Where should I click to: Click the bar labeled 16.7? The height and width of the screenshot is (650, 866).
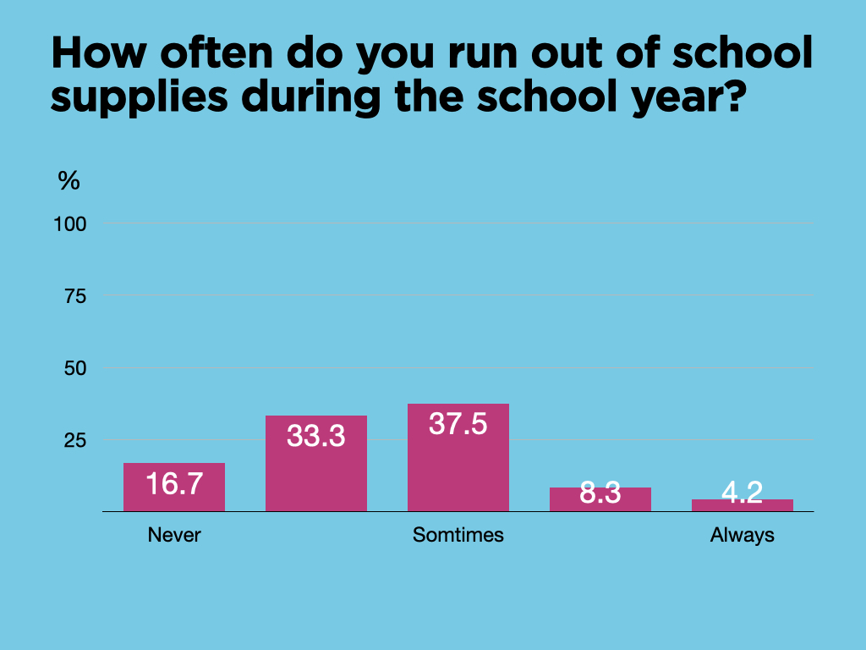[x=173, y=487]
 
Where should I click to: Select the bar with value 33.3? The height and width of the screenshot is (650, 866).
[x=315, y=464]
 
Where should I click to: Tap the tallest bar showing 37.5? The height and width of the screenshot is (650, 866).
[x=458, y=458]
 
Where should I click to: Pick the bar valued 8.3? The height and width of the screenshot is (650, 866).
[x=600, y=499]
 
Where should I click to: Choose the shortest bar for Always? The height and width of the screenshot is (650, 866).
[x=742, y=505]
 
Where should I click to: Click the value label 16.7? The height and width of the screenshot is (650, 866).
[x=173, y=484]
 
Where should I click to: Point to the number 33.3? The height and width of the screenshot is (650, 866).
[x=315, y=436]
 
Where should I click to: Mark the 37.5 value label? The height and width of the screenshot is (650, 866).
[x=458, y=424]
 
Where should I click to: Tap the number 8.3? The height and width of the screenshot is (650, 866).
[x=600, y=493]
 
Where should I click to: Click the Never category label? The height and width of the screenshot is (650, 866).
[x=174, y=535]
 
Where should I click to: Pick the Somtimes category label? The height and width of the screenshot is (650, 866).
[x=458, y=535]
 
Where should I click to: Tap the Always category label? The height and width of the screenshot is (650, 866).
[x=742, y=535]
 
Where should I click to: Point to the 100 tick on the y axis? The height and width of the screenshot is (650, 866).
[x=71, y=224]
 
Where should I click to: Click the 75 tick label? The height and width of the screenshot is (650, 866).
[x=75, y=296]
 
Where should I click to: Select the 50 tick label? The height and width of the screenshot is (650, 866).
[x=75, y=368]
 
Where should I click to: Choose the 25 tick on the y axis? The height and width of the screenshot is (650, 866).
[x=75, y=440]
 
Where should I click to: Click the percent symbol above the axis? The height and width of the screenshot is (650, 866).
[x=69, y=180]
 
